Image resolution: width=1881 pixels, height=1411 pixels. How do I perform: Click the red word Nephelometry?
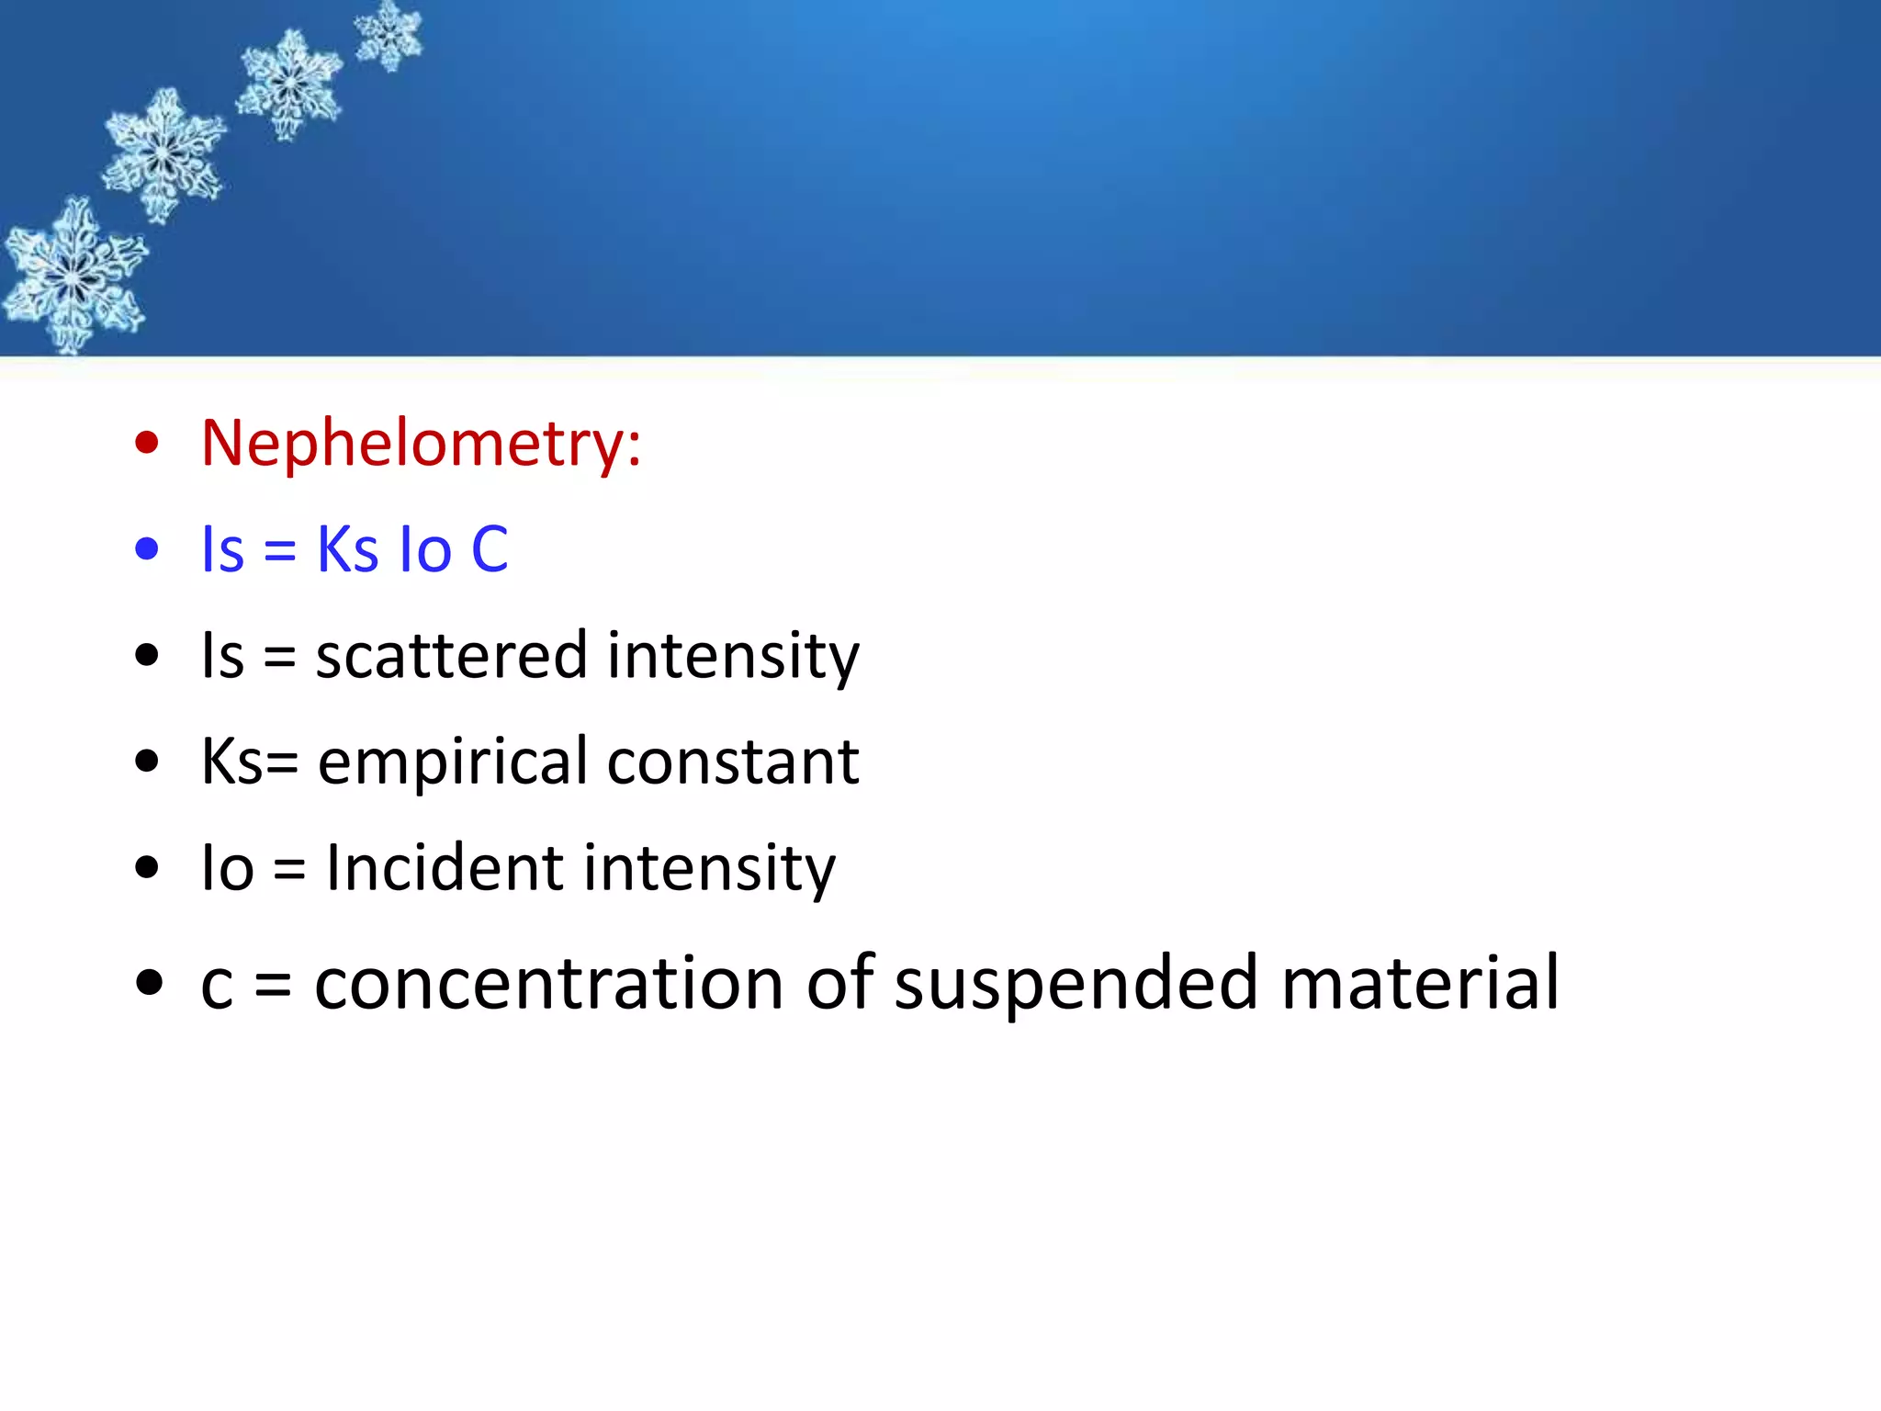pos(413,444)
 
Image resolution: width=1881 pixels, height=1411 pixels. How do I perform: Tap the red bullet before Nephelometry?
pos(147,443)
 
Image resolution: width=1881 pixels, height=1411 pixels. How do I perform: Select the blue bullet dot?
pos(147,549)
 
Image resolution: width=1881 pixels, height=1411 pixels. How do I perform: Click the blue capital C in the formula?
pos(490,549)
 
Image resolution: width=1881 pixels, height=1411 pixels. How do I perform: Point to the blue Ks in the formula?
pos(347,549)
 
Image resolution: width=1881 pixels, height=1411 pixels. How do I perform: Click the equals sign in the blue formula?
pos(279,551)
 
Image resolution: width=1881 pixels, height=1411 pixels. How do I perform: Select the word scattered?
pos(451,656)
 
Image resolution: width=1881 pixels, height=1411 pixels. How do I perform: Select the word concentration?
pos(549,983)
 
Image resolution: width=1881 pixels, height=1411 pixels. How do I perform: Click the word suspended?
pos(1075,983)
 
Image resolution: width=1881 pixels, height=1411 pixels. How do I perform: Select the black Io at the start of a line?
pos(227,868)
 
